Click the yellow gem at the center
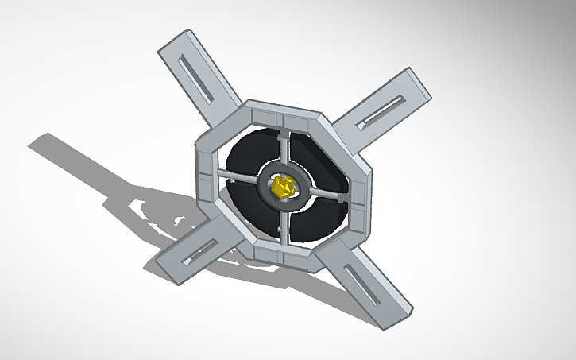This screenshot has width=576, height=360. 283,188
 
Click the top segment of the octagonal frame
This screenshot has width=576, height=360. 283,111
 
